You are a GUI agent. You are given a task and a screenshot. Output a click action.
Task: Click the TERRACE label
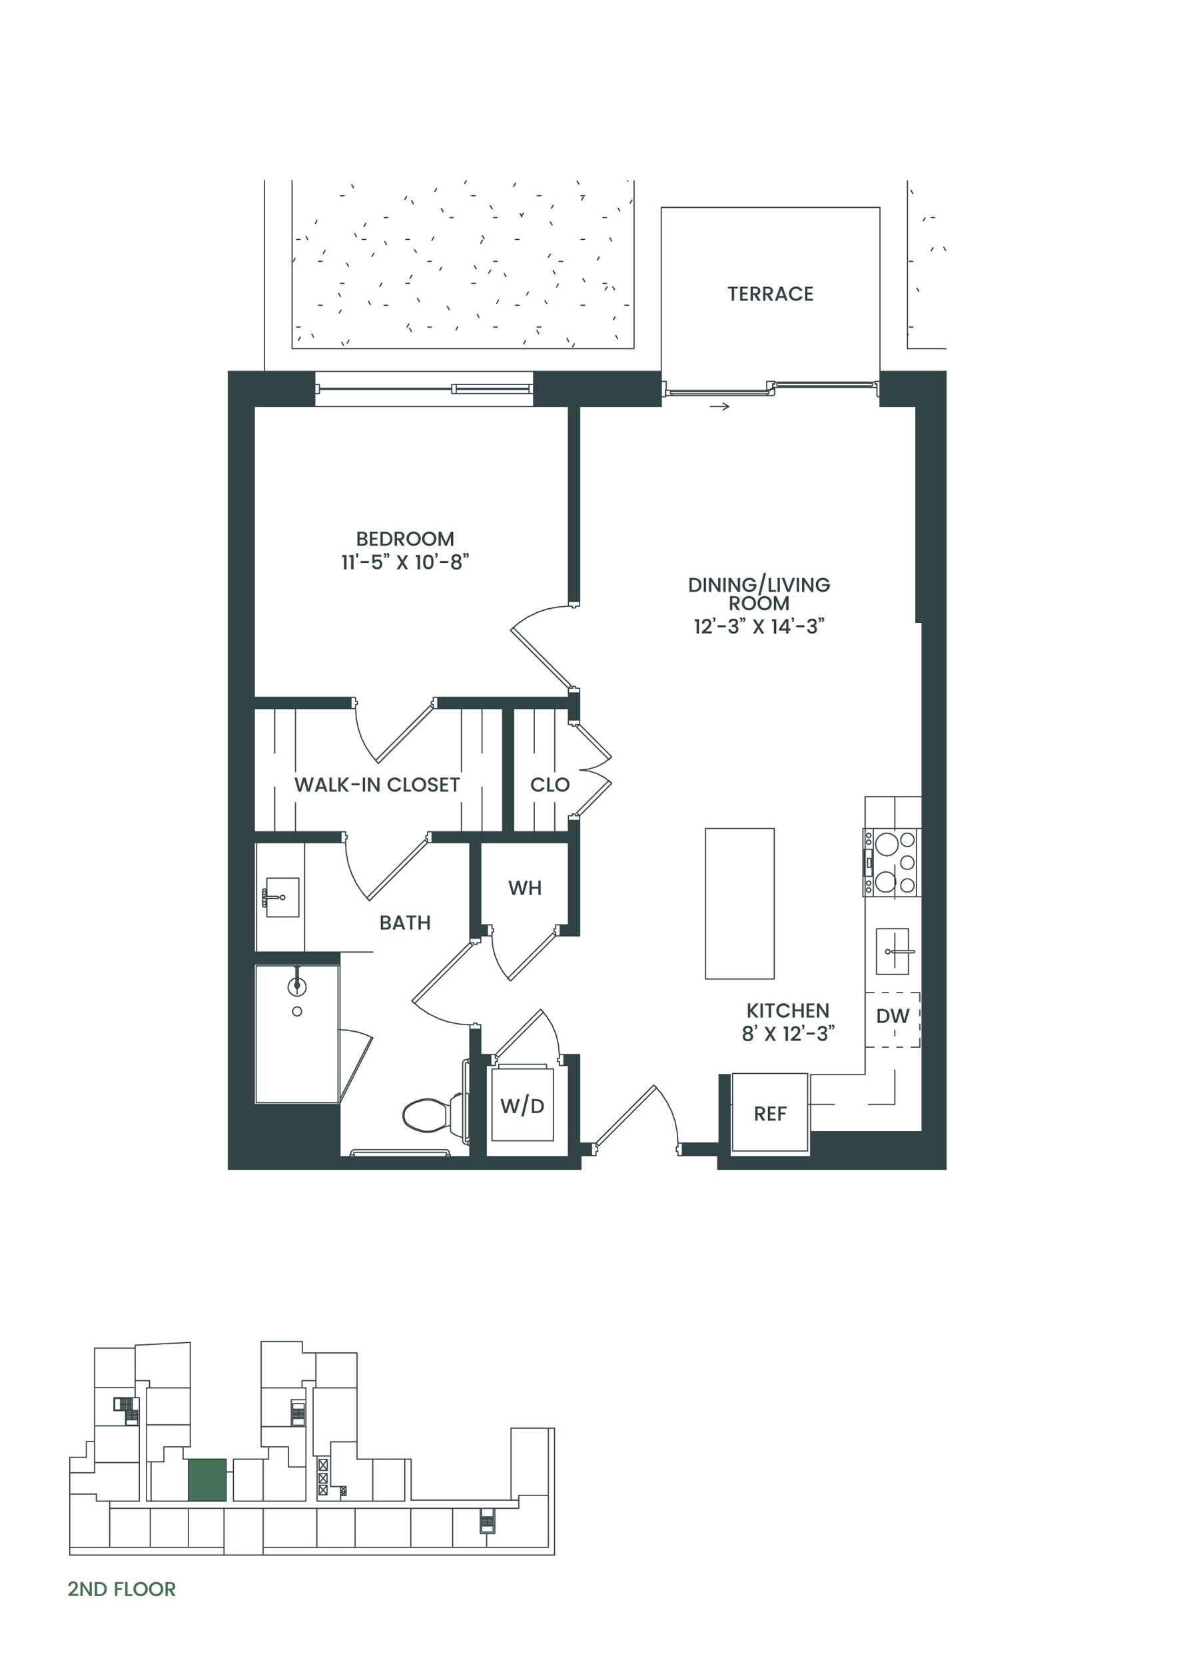coord(770,294)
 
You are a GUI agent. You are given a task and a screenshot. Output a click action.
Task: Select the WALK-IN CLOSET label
coord(376,785)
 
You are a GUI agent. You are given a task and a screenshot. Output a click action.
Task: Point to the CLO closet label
coord(550,785)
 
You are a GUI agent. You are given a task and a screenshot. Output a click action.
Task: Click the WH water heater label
coord(525,888)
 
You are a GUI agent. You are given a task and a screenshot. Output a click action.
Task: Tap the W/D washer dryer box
coord(522,1103)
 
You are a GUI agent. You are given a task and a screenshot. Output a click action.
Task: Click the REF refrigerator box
coord(770,1113)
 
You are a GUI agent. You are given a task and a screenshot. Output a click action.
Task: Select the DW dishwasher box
coord(893,1019)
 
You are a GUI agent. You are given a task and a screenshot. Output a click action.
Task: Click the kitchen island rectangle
coord(740,904)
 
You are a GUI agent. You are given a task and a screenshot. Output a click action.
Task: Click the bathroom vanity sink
coord(281,897)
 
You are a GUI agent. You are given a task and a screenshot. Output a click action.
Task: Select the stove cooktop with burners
coord(892,863)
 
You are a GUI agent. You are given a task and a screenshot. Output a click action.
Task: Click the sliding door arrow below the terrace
coord(720,406)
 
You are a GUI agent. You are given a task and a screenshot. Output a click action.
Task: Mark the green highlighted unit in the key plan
coord(206,1479)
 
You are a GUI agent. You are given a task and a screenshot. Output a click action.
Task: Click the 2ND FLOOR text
coord(122,1589)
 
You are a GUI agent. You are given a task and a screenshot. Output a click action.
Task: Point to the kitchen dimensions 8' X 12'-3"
coord(789,1034)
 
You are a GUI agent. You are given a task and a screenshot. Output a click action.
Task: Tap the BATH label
coord(404,923)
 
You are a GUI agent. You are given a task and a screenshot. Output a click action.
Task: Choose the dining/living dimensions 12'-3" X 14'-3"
coord(759,626)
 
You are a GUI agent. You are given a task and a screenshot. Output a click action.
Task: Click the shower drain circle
coord(297,1011)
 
